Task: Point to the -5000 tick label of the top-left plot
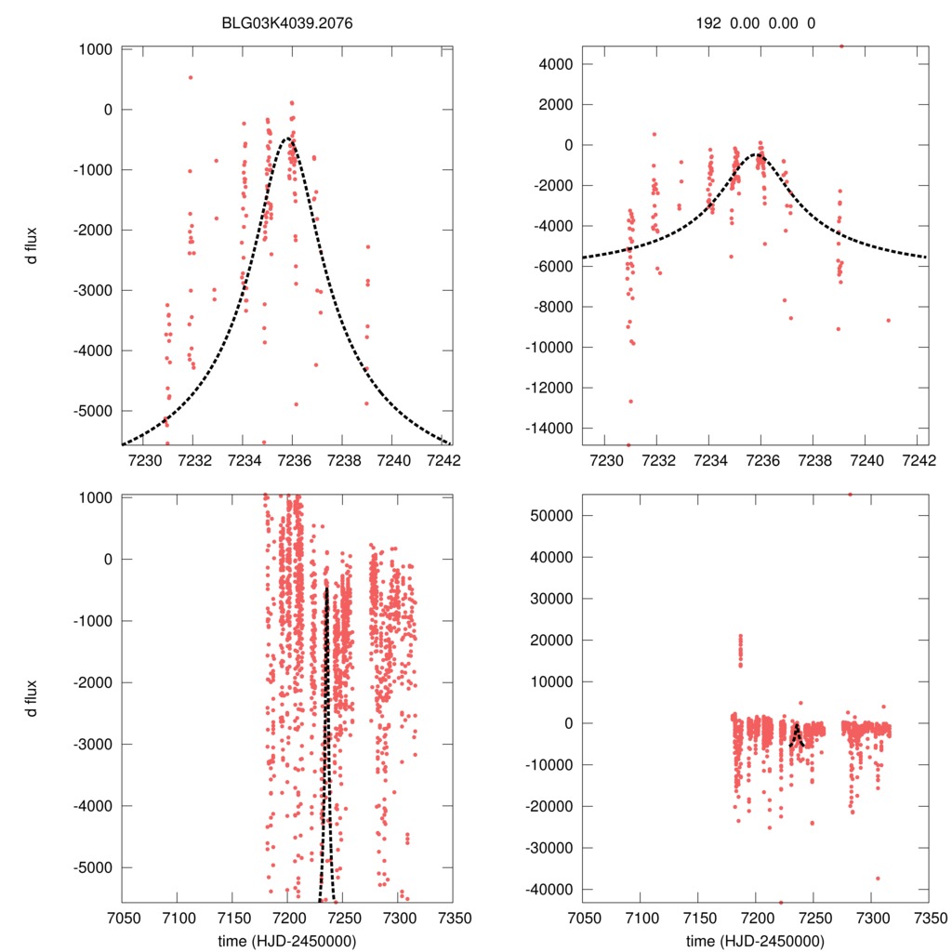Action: [90, 410]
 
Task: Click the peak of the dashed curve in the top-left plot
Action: [289, 139]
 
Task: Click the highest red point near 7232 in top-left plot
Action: [191, 77]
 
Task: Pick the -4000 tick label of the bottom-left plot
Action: [90, 806]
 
